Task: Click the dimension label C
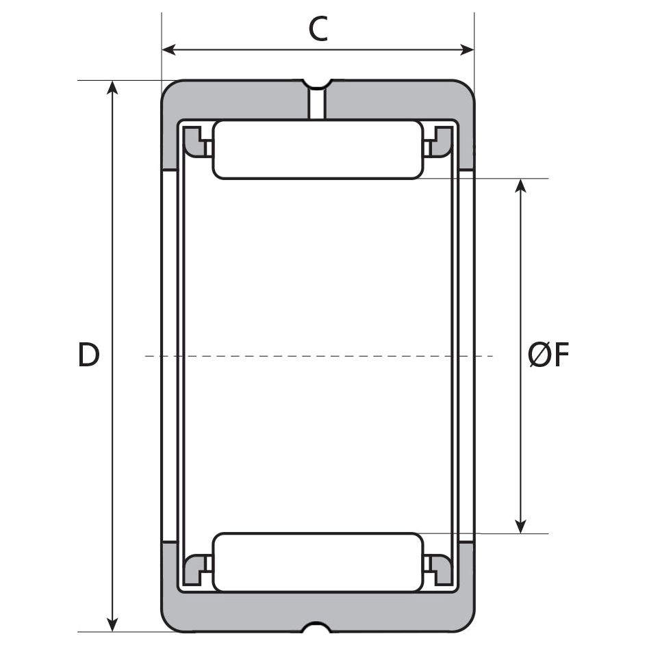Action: coord(318,29)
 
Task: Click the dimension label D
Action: coord(88,356)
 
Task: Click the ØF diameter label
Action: coord(548,356)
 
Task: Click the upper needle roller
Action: coord(318,149)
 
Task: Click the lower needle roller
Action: coord(318,562)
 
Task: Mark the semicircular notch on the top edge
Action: coord(317,84)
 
